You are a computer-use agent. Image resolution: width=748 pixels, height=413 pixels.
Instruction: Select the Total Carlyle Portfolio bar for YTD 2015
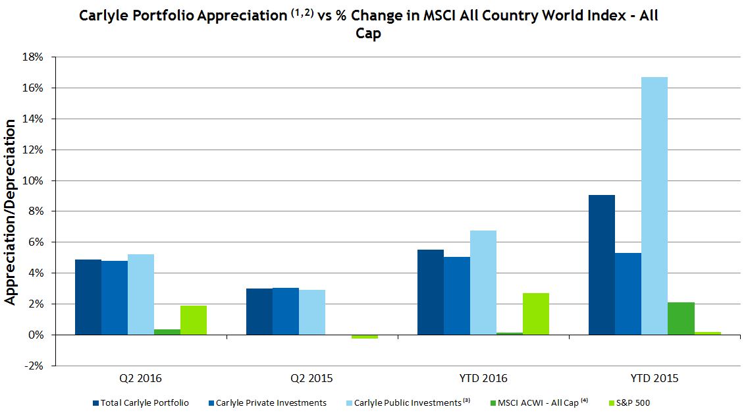click(602, 265)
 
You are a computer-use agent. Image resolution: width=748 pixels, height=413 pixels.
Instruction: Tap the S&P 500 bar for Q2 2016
click(194, 320)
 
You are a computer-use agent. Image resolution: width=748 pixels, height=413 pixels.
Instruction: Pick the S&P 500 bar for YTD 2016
click(536, 314)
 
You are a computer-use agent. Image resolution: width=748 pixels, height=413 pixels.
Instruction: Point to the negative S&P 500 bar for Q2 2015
click(365, 337)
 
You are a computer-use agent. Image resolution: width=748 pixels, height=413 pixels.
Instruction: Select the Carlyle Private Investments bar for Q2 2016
click(115, 298)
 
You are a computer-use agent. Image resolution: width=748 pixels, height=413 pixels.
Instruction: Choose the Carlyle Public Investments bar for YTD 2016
click(483, 283)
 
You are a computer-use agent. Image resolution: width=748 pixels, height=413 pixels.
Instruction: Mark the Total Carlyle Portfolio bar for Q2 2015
click(259, 312)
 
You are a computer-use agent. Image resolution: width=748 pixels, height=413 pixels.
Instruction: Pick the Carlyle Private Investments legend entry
click(271, 402)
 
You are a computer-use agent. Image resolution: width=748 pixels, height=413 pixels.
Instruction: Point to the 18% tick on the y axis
click(34, 57)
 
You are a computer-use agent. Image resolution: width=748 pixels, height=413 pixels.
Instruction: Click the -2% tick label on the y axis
click(34, 366)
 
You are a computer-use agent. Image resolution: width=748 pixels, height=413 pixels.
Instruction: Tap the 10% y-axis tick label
click(34, 180)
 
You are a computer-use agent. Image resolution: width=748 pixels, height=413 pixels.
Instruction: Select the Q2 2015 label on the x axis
click(312, 379)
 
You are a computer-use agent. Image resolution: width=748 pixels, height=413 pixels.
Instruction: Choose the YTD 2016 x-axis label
click(483, 379)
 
